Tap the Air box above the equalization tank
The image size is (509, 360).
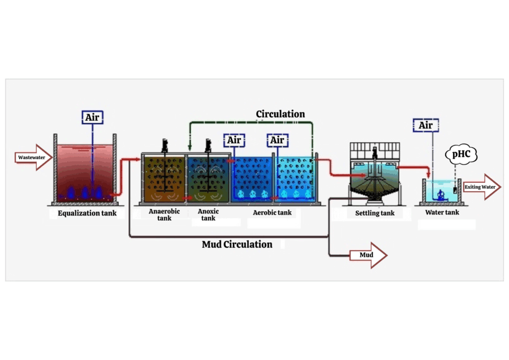tap(93, 117)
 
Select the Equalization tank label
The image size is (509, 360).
tap(87, 213)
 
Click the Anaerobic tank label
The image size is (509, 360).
tap(164, 215)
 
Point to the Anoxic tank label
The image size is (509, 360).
tap(208, 215)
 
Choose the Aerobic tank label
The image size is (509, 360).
tap(272, 212)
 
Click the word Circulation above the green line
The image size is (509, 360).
tap(281, 114)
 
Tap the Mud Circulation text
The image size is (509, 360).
tap(237, 245)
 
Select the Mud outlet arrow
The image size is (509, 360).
tap(368, 255)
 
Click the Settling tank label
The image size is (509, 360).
tap(374, 213)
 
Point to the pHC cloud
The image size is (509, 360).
tap(461, 155)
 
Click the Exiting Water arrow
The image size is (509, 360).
tap(482, 187)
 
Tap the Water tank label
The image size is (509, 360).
tap(442, 212)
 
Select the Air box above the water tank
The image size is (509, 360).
tap(426, 125)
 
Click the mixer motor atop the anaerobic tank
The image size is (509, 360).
tap(165, 145)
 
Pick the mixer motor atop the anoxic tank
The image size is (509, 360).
tap(208, 145)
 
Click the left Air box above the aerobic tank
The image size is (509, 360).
tap(234, 140)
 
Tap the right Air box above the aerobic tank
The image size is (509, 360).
tap(278, 140)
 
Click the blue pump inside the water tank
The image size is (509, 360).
tap(441, 195)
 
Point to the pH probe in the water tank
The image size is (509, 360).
tap(455, 190)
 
